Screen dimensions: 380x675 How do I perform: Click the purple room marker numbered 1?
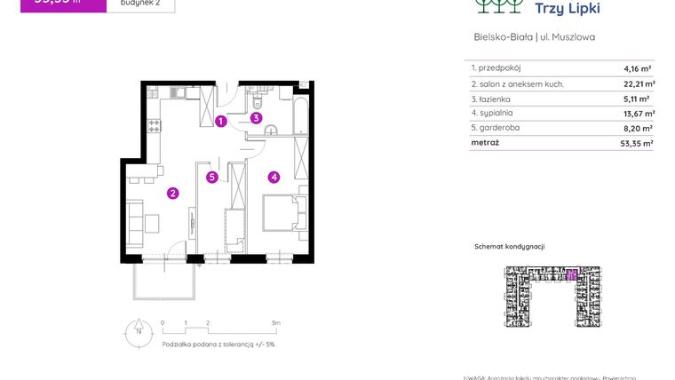pos(220,122)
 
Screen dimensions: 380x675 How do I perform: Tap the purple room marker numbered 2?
pos(173,192)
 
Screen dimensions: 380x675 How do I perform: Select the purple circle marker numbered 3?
pos(256,117)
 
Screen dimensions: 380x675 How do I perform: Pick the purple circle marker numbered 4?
pos(274,177)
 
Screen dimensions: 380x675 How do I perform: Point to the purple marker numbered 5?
pos(211,177)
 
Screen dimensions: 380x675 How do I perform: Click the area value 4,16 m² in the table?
pos(639,68)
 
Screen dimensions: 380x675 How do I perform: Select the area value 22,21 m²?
pos(636,84)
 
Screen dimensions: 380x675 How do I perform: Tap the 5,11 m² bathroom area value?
pos(638,99)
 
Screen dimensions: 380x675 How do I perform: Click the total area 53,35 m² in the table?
pos(636,142)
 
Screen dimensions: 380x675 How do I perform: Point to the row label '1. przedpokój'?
pos(496,68)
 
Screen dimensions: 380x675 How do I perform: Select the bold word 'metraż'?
pos(486,142)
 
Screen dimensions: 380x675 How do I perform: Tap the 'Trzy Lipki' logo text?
pos(568,9)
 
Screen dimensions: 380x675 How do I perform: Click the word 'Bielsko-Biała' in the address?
pos(504,37)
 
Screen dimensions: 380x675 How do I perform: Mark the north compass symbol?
pos(138,333)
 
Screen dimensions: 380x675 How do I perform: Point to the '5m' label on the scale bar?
pos(276,322)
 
